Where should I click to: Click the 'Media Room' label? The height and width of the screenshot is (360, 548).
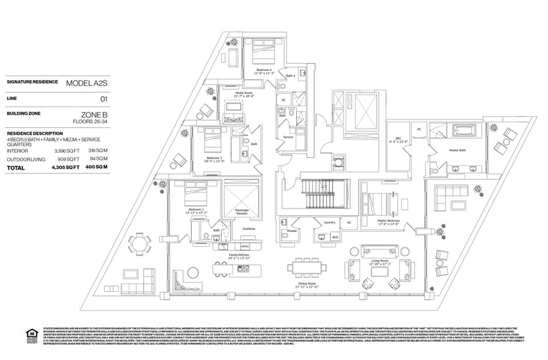pos(243,92)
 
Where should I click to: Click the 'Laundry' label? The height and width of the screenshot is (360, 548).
pos(330,222)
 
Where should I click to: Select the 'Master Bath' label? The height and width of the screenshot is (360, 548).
pos(457,149)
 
